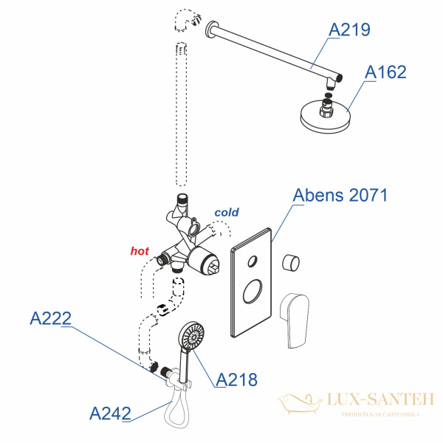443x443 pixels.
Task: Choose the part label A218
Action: (x=237, y=380)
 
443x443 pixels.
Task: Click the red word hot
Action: (x=140, y=251)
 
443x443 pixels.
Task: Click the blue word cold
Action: (x=227, y=212)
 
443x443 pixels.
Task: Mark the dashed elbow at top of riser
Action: (x=187, y=23)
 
